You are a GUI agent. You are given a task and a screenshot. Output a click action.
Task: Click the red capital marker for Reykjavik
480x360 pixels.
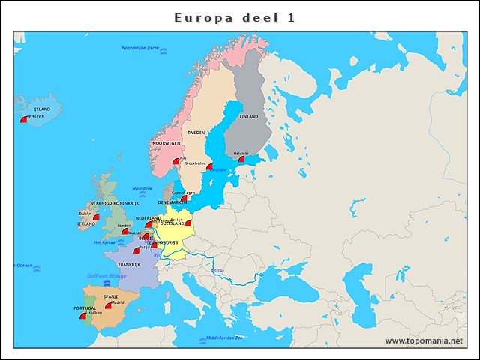[23, 120]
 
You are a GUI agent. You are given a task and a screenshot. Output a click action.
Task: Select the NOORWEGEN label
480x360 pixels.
[166, 142]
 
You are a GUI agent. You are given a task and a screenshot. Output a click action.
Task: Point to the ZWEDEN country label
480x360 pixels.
[196, 133]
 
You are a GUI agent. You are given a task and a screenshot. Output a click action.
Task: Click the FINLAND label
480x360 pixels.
[248, 117]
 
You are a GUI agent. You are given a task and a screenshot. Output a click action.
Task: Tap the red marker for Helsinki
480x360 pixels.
[241, 160]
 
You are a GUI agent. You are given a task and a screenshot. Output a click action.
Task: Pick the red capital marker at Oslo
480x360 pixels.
[175, 160]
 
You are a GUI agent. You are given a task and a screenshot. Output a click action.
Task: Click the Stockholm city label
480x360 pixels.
[194, 163]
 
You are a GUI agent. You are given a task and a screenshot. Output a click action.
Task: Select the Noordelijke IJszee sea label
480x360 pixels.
[141, 48]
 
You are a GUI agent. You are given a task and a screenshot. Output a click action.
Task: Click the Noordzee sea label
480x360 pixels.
[142, 188]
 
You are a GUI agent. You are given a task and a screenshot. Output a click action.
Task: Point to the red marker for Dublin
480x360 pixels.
[95, 217]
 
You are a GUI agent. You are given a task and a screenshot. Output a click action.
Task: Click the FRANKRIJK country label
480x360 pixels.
[129, 264]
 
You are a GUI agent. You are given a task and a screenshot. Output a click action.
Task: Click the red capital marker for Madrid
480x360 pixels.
[108, 306]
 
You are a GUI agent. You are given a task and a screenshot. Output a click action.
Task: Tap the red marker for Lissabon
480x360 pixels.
[82, 316]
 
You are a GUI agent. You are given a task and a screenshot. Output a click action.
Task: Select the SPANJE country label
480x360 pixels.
[111, 297]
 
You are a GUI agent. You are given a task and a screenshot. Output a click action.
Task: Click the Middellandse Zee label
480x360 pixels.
[224, 337]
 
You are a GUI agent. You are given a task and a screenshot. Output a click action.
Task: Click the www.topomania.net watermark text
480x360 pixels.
[423, 340]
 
